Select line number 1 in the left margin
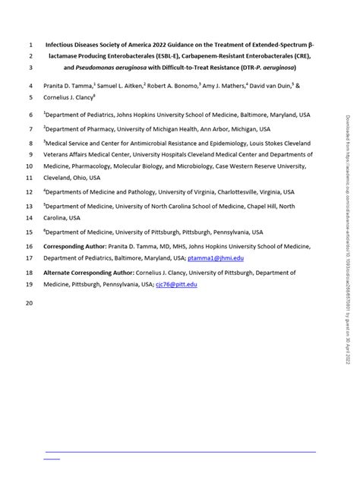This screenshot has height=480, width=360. tap(30, 44)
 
